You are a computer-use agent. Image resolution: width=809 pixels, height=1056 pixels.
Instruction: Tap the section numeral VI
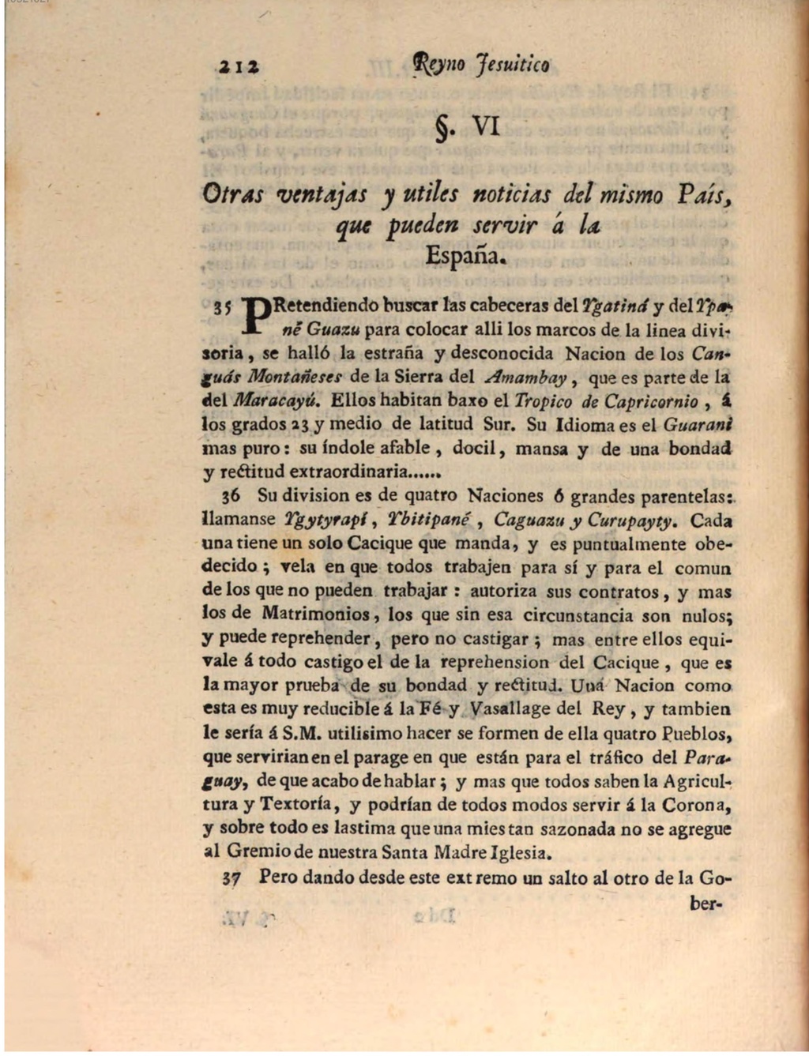486,126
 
